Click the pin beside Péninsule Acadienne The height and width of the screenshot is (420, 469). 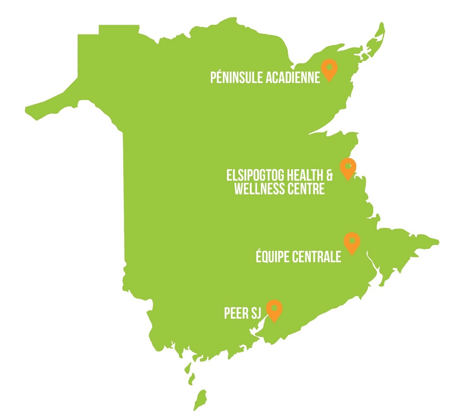click(329, 69)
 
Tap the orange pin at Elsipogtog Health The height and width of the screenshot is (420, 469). click(348, 168)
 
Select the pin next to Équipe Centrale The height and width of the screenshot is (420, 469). click(352, 242)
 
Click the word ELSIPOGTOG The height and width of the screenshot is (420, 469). click(254, 176)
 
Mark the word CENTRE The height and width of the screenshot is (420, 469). click(306, 188)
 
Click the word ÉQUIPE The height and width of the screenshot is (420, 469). click(271, 257)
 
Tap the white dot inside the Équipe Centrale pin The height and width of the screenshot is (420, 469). click(352, 239)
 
